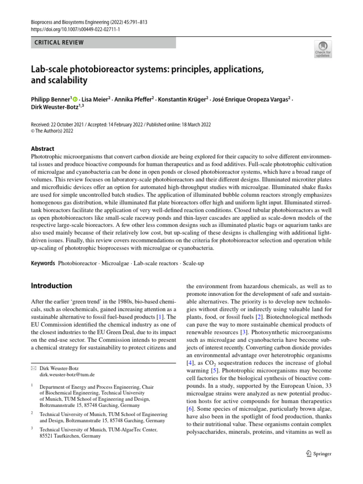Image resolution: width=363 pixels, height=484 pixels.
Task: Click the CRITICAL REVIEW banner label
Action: (59, 43)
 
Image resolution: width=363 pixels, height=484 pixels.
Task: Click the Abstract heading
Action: (42, 148)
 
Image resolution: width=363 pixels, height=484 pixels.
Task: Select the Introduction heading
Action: (51, 286)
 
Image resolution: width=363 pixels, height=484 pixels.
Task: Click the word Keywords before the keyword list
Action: (43, 262)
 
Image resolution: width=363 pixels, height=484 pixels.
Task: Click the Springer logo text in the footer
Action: (322, 454)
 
